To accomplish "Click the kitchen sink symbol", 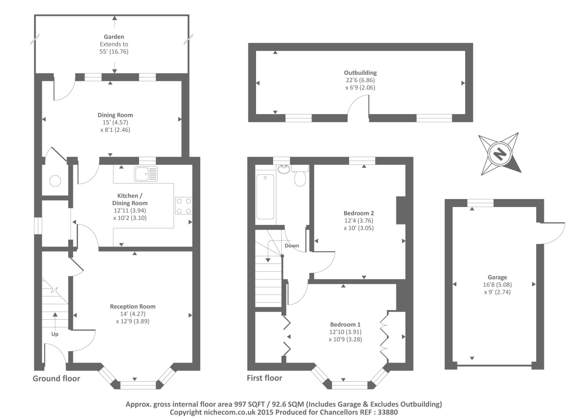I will [146, 174].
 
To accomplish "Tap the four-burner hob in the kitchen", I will [184, 206].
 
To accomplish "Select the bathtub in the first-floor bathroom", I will [265, 197].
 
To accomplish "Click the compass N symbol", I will [500, 154].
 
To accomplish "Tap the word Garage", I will [497, 277].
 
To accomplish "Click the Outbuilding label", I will [360, 73].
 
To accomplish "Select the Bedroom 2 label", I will [358, 213].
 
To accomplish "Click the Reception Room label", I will [133, 307].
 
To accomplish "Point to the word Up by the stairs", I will [55, 334].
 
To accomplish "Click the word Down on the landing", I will [292, 246].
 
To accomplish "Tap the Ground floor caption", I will [57, 379].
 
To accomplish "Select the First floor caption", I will [265, 378].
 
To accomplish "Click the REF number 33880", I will [388, 413].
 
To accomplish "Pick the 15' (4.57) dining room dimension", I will [115, 122].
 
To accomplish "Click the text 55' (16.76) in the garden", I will [114, 52].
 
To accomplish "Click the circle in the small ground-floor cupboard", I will [55, 181].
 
